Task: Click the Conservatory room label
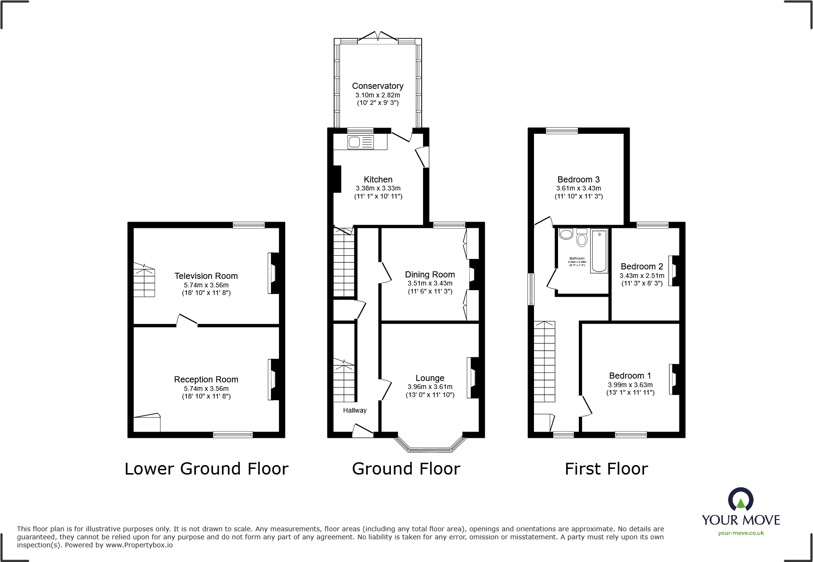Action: point(378,86)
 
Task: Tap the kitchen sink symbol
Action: point(360,142)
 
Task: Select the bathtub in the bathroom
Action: point(599,251)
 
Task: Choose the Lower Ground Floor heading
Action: point(206,469)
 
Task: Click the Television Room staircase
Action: point(144,281)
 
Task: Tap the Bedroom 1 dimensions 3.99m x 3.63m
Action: point(630,385)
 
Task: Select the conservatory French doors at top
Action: point(378,37)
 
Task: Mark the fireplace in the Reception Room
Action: point(273,380)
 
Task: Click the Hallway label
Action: point(355,410)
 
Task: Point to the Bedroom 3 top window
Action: point(562,131)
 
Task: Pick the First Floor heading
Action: point(606,469)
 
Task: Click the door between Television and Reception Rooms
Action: point(187,320)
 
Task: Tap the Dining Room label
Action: point(430,275)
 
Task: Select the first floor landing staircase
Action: point(544,361)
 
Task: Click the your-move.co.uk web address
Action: point(741,533)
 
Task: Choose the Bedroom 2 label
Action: point(642,267)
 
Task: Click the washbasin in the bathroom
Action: point(566,234)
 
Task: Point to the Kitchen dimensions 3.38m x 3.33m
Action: point(378,188)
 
